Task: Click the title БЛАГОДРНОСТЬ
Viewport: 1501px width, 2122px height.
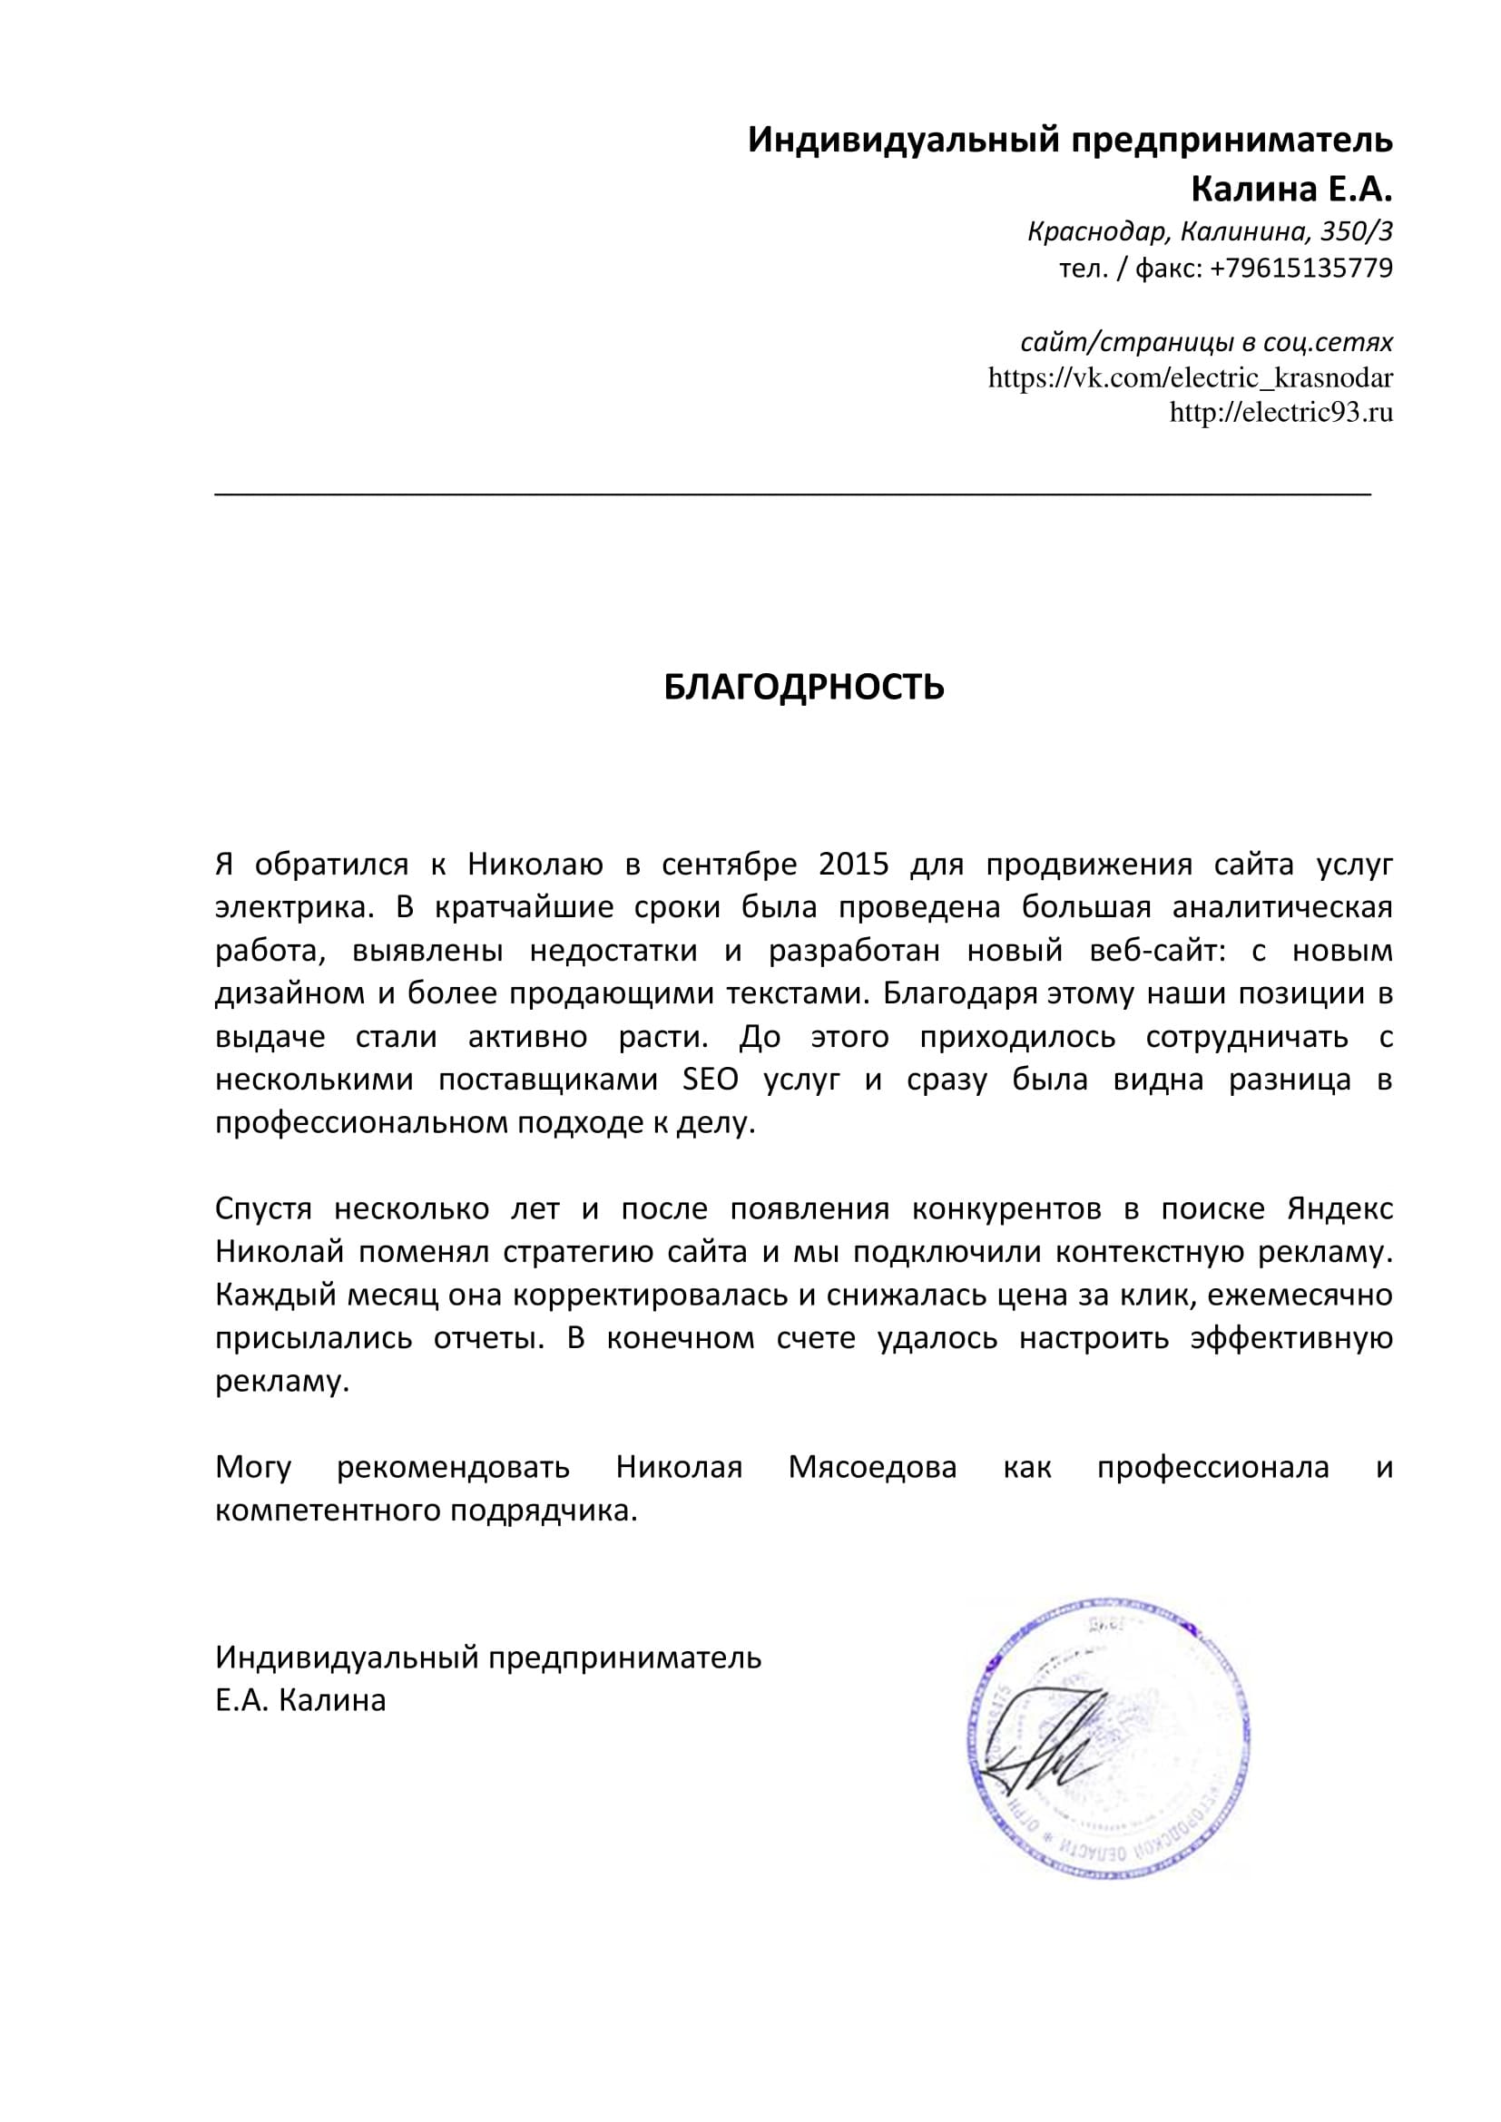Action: pos(803,687)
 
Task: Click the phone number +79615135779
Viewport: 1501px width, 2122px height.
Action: pos(1300,268)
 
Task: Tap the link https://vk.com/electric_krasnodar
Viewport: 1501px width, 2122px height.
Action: pos(1190,378)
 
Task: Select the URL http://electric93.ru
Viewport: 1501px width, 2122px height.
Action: pos(1280,412)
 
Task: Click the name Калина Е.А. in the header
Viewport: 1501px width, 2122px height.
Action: pos(1290,190)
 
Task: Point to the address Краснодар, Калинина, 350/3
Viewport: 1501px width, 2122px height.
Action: pos(1209,231)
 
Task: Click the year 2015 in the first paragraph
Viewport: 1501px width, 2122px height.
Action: pos(853,865)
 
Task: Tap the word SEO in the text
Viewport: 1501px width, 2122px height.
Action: pos(710,1080)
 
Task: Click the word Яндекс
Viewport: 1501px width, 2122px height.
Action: pos(1340,1208)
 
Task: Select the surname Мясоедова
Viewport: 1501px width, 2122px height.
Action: pos(871,1467)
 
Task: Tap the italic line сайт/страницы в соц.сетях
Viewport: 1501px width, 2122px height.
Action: pos(1206,343)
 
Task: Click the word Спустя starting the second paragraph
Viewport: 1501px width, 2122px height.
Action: pos(263,1208)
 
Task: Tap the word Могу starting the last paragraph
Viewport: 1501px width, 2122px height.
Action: pos(253,1467)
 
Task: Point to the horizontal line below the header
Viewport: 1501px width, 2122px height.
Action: pos(792,495)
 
